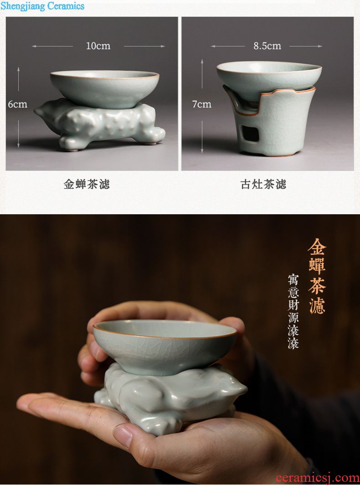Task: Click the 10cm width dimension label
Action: pyautogui.click(x=98, y=46)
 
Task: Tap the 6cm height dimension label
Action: pyautogui.click(x=18, y=104)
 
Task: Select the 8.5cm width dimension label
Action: pyautogui.click(x=267, y=46)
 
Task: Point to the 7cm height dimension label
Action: pyautogui.click(x=202, y=104)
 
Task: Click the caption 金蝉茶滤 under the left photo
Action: pyautogui.click(x=87, y=184)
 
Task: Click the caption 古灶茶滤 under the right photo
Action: pyautogui.click(x=263, y=184)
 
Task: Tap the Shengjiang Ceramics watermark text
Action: pyautogui.click(x=42, y=6)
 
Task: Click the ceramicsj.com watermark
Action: pyautogui.click(x=318, y=478)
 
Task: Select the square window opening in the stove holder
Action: pyautogui.click(x=251, y=133)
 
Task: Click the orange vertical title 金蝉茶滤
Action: pyautogui.click(x=317, y=276)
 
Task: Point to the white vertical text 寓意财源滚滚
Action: pyautogui.click(x=293, y=311)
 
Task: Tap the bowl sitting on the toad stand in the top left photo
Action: pyautogui.click(x=104, y=89)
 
